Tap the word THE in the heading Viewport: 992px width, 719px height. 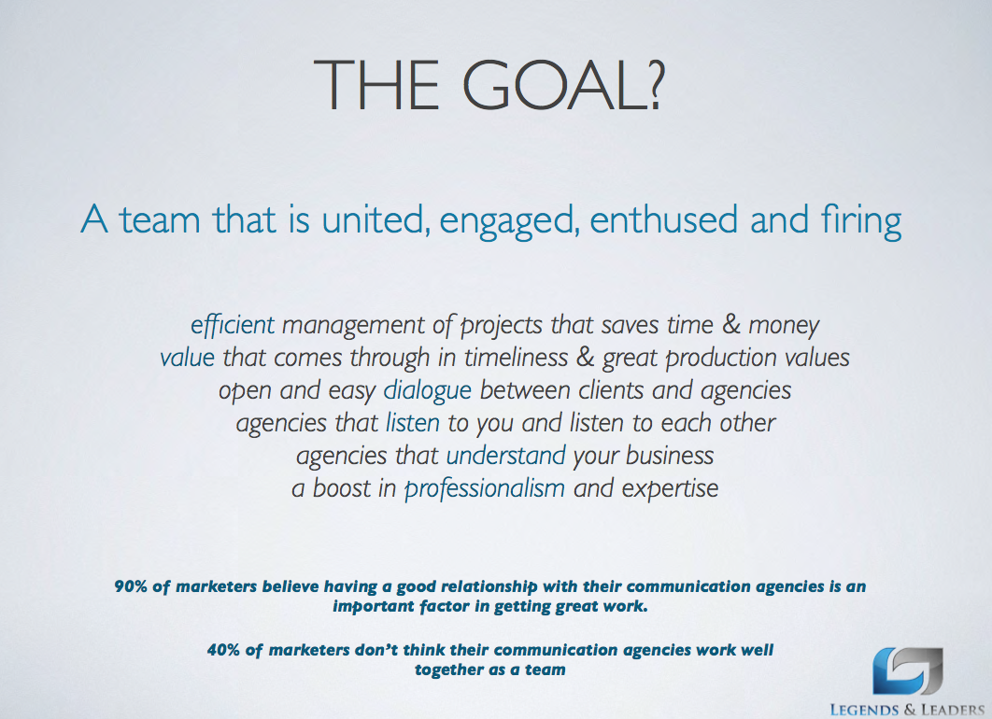[376, 85]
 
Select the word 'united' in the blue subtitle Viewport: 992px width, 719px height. [376, 219]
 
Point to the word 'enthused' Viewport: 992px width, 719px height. [664, 219]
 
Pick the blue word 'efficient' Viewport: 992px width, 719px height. [233, 324]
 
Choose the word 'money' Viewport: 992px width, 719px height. [784, 326]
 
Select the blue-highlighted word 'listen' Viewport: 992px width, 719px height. [413, 422]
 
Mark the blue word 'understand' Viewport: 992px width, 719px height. [505, 456]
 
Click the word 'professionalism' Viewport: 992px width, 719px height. [485, 488]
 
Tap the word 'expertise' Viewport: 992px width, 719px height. [670, 489]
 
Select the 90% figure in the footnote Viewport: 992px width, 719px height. [131, 586]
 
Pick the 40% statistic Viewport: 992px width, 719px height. [223, 650]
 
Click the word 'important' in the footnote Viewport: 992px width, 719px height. [374, 607]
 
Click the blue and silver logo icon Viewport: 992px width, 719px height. [908, 671]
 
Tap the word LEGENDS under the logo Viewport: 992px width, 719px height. [867, 710]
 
